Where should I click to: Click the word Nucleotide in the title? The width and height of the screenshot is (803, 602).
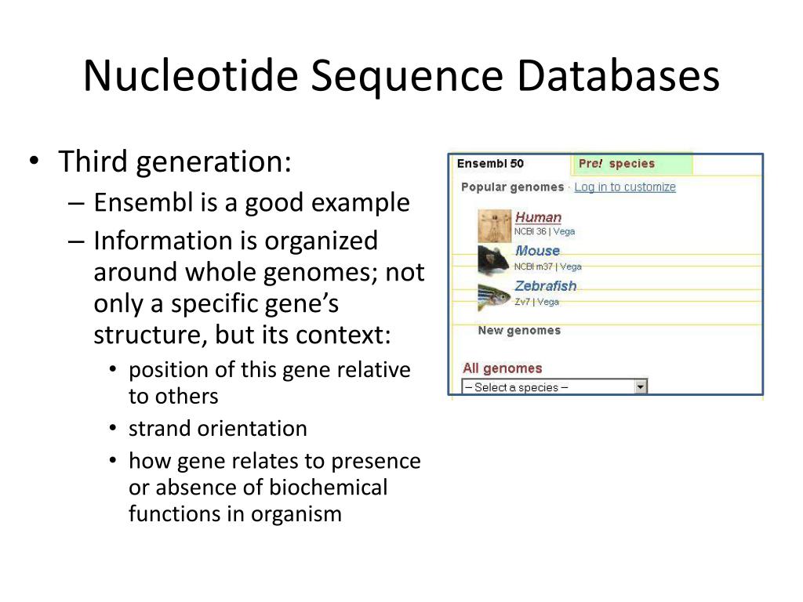(x=191, y=76)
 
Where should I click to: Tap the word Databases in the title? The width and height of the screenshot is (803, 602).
(x=618, y=76)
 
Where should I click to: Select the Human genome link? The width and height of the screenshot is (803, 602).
(x=538, y=217)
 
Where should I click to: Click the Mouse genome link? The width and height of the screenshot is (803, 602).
(x=537, y=250)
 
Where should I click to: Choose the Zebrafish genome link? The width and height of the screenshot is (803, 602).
(x=546, y=285)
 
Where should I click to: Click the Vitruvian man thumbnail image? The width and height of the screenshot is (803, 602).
(x=494, y=226)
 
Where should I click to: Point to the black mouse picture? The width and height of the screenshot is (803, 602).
(x=493, y=260)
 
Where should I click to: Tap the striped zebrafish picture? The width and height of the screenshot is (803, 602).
(x=494, y=296)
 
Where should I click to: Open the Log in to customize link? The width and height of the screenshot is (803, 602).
(x=625, y=187)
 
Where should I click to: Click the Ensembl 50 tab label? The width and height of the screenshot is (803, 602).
(x=490, y=163)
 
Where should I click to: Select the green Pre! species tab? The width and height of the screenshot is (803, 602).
(x=631, y=164)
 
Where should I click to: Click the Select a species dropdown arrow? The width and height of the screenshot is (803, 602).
(x=640, y=387)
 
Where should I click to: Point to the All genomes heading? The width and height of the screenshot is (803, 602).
(x=503, y=368)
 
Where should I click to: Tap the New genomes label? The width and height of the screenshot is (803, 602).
(x=519, y=330)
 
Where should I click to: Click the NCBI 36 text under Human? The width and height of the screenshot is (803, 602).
(x=530, y=231)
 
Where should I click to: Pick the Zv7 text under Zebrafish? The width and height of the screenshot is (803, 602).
(x=521, y=302)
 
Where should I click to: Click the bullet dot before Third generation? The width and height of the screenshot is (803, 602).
(x=34, y=160)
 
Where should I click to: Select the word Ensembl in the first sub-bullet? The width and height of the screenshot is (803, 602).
(x=144, y=202)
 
